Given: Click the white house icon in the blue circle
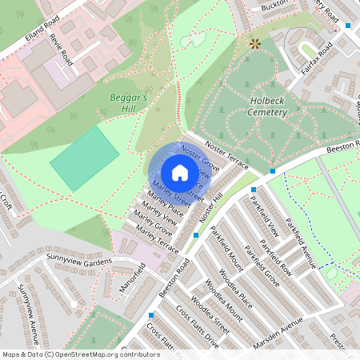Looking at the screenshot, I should [180, 173].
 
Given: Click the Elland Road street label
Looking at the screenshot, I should [21, 42].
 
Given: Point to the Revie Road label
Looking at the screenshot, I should [61, 50].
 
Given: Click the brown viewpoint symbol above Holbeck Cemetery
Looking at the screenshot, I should [255, 43].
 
